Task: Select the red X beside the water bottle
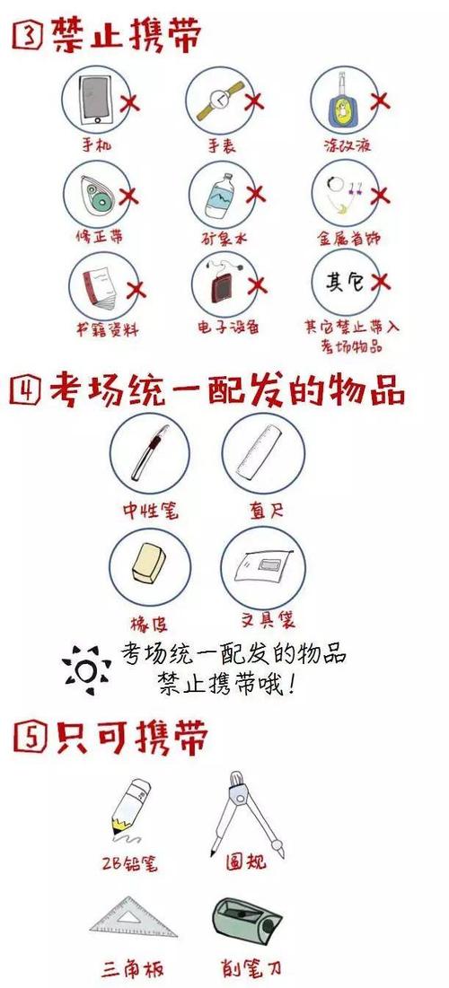pos(255,195)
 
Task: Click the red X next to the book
pos(135,290)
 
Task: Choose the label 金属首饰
pos(348,238)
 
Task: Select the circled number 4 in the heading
pos(26,390)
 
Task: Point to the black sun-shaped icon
pos(86,669)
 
